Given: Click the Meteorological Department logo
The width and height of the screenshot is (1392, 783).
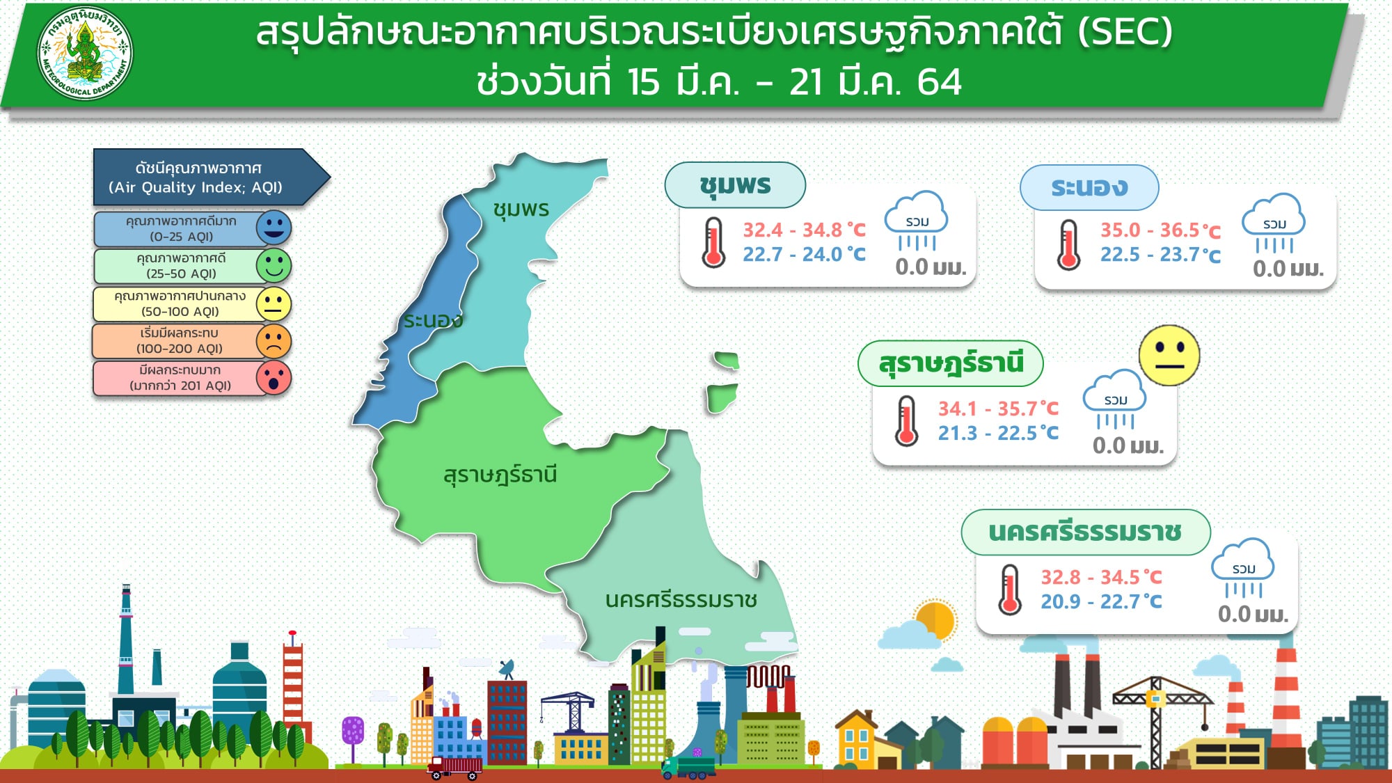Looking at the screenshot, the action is (85, 53).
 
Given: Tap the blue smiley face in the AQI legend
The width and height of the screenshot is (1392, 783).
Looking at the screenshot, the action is (274, 228).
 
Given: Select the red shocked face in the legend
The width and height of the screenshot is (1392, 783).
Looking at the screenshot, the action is (274, 378).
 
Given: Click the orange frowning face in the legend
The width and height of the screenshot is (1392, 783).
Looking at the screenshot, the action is (274, 341).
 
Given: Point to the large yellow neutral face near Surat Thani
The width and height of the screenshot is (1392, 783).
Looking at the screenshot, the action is (1169, 355).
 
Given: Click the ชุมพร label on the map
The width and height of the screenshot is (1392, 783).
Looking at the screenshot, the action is (521, 209).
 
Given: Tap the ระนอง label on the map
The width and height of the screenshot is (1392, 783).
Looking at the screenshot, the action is (433, 320).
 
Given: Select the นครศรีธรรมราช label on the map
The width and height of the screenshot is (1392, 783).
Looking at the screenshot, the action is (681, 599).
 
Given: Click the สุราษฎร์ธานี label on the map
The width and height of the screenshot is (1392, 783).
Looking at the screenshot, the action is (500, 475).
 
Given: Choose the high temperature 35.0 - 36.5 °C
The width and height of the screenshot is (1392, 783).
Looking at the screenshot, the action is (1160, 230).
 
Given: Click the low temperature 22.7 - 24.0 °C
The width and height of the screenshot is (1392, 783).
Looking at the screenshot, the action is (804, 255).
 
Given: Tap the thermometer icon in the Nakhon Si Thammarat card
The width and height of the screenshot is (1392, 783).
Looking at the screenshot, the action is (1010, 590).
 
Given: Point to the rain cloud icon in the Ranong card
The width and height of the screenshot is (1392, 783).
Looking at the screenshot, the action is (1274, 223).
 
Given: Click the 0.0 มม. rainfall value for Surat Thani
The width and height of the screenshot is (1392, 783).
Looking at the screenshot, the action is (1128, 445).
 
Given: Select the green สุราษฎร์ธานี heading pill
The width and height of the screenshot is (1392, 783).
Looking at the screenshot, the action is (951, 363).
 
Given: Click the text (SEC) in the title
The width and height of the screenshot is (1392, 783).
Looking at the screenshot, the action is (1125, 32).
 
